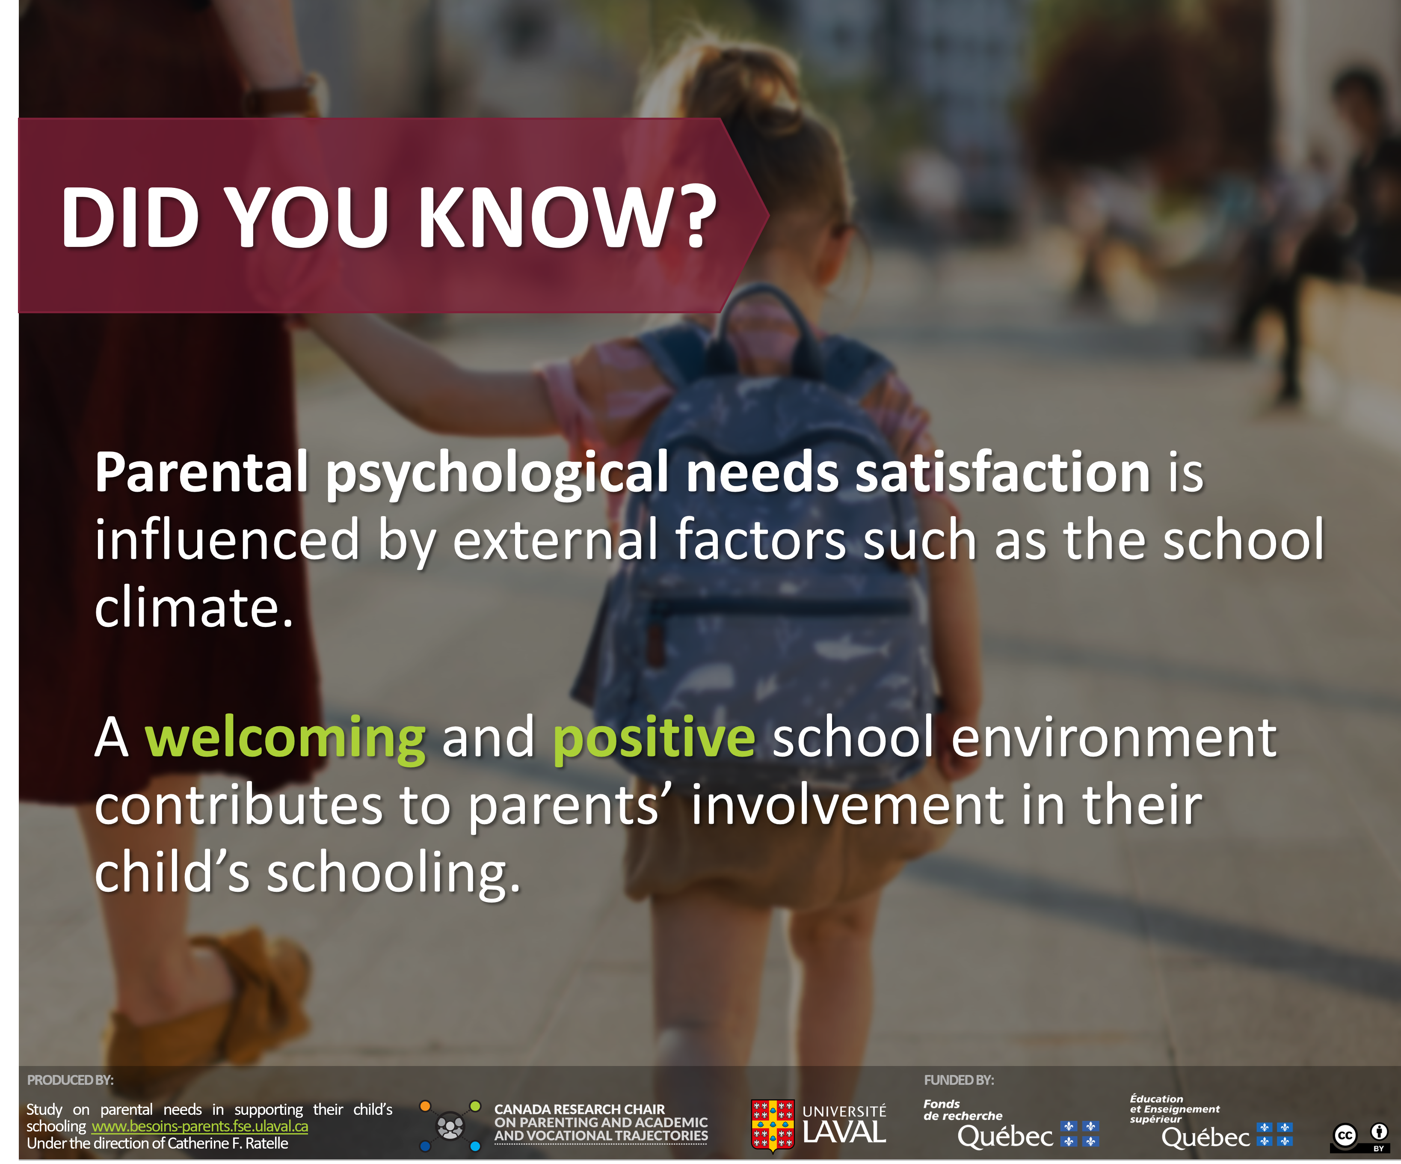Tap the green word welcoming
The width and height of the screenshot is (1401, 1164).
(285, 739)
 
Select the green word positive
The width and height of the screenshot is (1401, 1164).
(654, 739)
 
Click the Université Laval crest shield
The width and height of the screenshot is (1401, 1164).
(773, 1126)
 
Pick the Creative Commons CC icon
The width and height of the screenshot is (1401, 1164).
(1345, 1136)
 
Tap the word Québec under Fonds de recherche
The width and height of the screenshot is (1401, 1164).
(1005, 1137)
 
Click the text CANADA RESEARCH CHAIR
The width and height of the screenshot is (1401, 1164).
(580, 1109)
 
